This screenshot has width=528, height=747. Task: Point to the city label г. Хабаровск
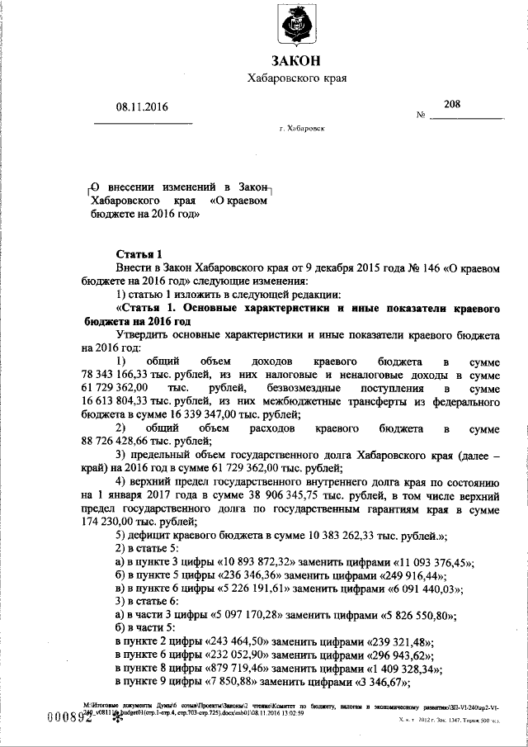(x=302, y=130)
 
